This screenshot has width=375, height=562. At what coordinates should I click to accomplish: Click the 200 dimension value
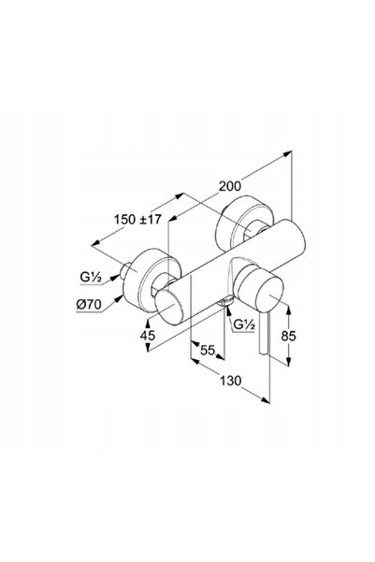tap(230, 186)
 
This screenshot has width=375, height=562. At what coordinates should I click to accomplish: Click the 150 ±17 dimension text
tap(137, 219)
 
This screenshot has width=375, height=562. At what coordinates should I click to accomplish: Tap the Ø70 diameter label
tap(89, 305)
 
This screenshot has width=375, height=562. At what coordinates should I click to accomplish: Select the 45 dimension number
tap(148, 336)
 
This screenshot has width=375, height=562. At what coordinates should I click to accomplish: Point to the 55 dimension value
tap(207, 350)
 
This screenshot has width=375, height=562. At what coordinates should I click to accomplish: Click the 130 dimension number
tap(231, 381)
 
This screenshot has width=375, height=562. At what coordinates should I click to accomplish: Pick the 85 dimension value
tap(288, 337)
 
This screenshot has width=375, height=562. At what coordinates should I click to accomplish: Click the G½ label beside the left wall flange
tap(91, 278)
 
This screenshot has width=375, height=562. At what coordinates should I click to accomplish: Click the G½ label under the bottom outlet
tap(244, 324)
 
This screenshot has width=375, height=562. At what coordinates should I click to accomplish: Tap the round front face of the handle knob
tap(269, 295)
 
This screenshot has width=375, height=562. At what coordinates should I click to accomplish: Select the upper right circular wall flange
tap(244, 223)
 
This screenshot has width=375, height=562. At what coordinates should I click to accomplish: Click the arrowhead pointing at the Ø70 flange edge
tap(119, 298)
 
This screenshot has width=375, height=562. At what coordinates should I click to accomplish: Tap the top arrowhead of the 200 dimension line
tap(287, 153)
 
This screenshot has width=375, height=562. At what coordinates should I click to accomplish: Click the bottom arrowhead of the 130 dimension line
tap(266, 399)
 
